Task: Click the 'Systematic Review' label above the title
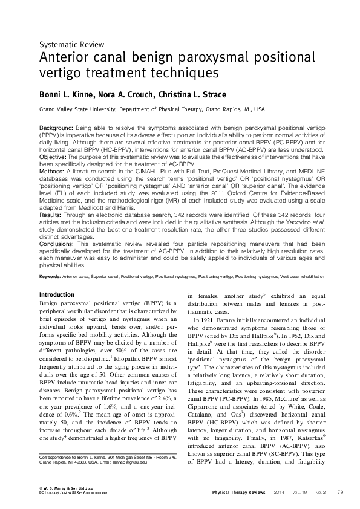tap(72, 44)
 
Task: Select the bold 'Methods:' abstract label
tap(52, 172)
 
